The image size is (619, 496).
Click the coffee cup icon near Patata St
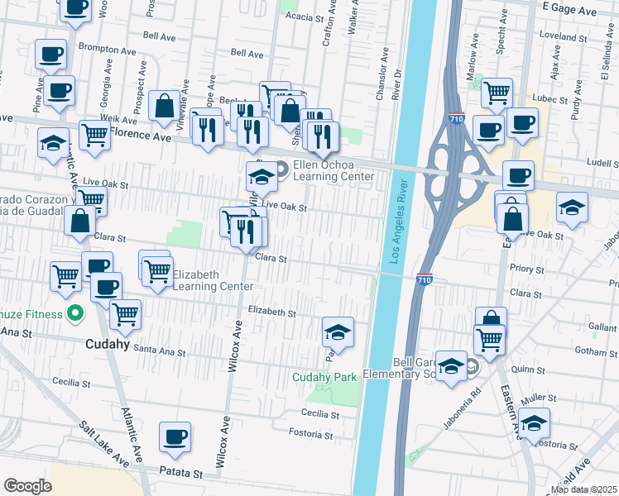coord(175,437)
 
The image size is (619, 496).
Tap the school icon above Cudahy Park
coord(338,332)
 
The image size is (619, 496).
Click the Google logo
coord(27,486)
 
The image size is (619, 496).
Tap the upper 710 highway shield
coord(456,119)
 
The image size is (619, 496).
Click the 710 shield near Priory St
coord(424,279)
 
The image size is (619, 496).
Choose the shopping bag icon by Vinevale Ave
coord(165,107)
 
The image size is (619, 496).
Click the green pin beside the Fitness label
coord(74,313)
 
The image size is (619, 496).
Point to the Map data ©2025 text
coord(583,489)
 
